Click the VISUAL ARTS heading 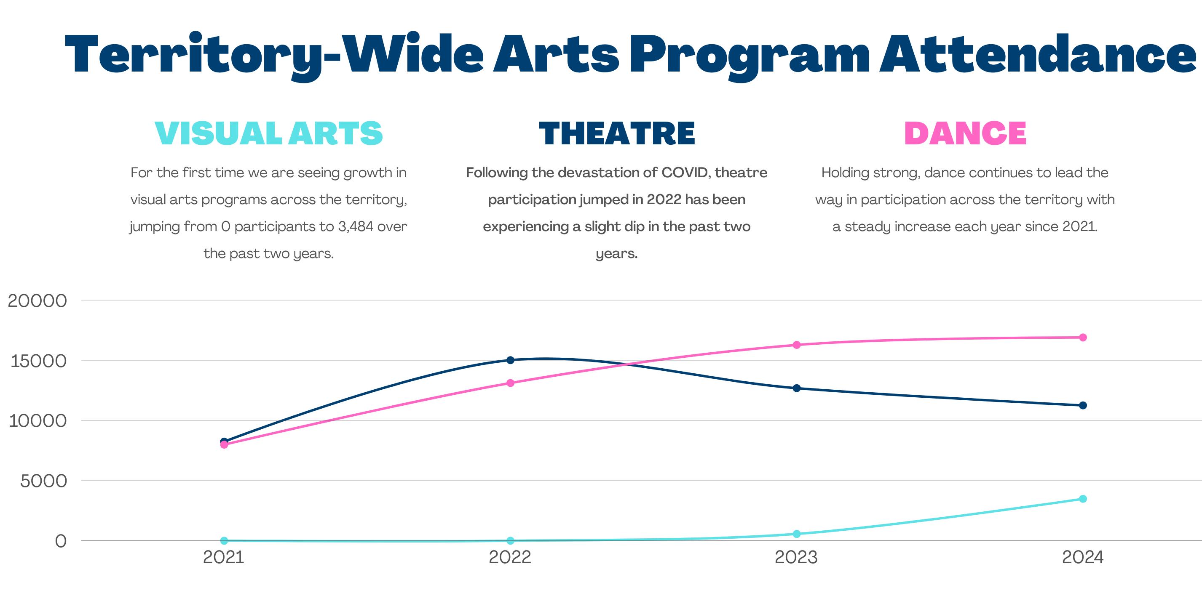pyautogui.click(x=268, y=133)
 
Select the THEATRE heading pyautogui.click(x=617, y=133)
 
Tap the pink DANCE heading pyautogui.click(x=965, y=133)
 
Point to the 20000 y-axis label pyautogui.click(x=37, y=300)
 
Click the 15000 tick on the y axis pyautogui.click(x=38, y=361)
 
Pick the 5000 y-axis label pyautogui.click(x=43, y=481)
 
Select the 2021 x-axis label pyautogui.click(x=224, y=558)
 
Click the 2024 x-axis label pyautogui.click(x=1082, y=558)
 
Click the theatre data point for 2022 pyautogui.click(x=510, y=360)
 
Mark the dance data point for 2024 pyautogui.click(x=1082, y=338)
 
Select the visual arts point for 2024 pyautogui.click(x=1082, y=499)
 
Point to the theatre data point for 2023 pyautogui.click(x=797, y=388)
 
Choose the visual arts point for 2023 pyautogui.click(x=797, y=534)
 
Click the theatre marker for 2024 pyautogui.click(x=1082, y=406)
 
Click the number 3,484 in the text pyautogui.click(x=356, y=226)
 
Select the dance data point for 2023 pyautogui.click(x=797, y=345)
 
